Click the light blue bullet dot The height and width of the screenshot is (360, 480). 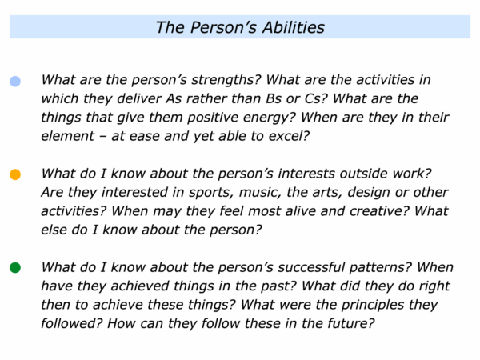click(15, 81)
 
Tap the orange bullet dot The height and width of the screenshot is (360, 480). click(15, 174)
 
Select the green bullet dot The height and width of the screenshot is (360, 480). click(15, 267)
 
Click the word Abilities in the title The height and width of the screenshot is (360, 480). click(294, 27)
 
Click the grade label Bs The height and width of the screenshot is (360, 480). click(274, 98)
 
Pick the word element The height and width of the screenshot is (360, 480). click(67, 136)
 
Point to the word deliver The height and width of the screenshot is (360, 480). click(139, 98)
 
